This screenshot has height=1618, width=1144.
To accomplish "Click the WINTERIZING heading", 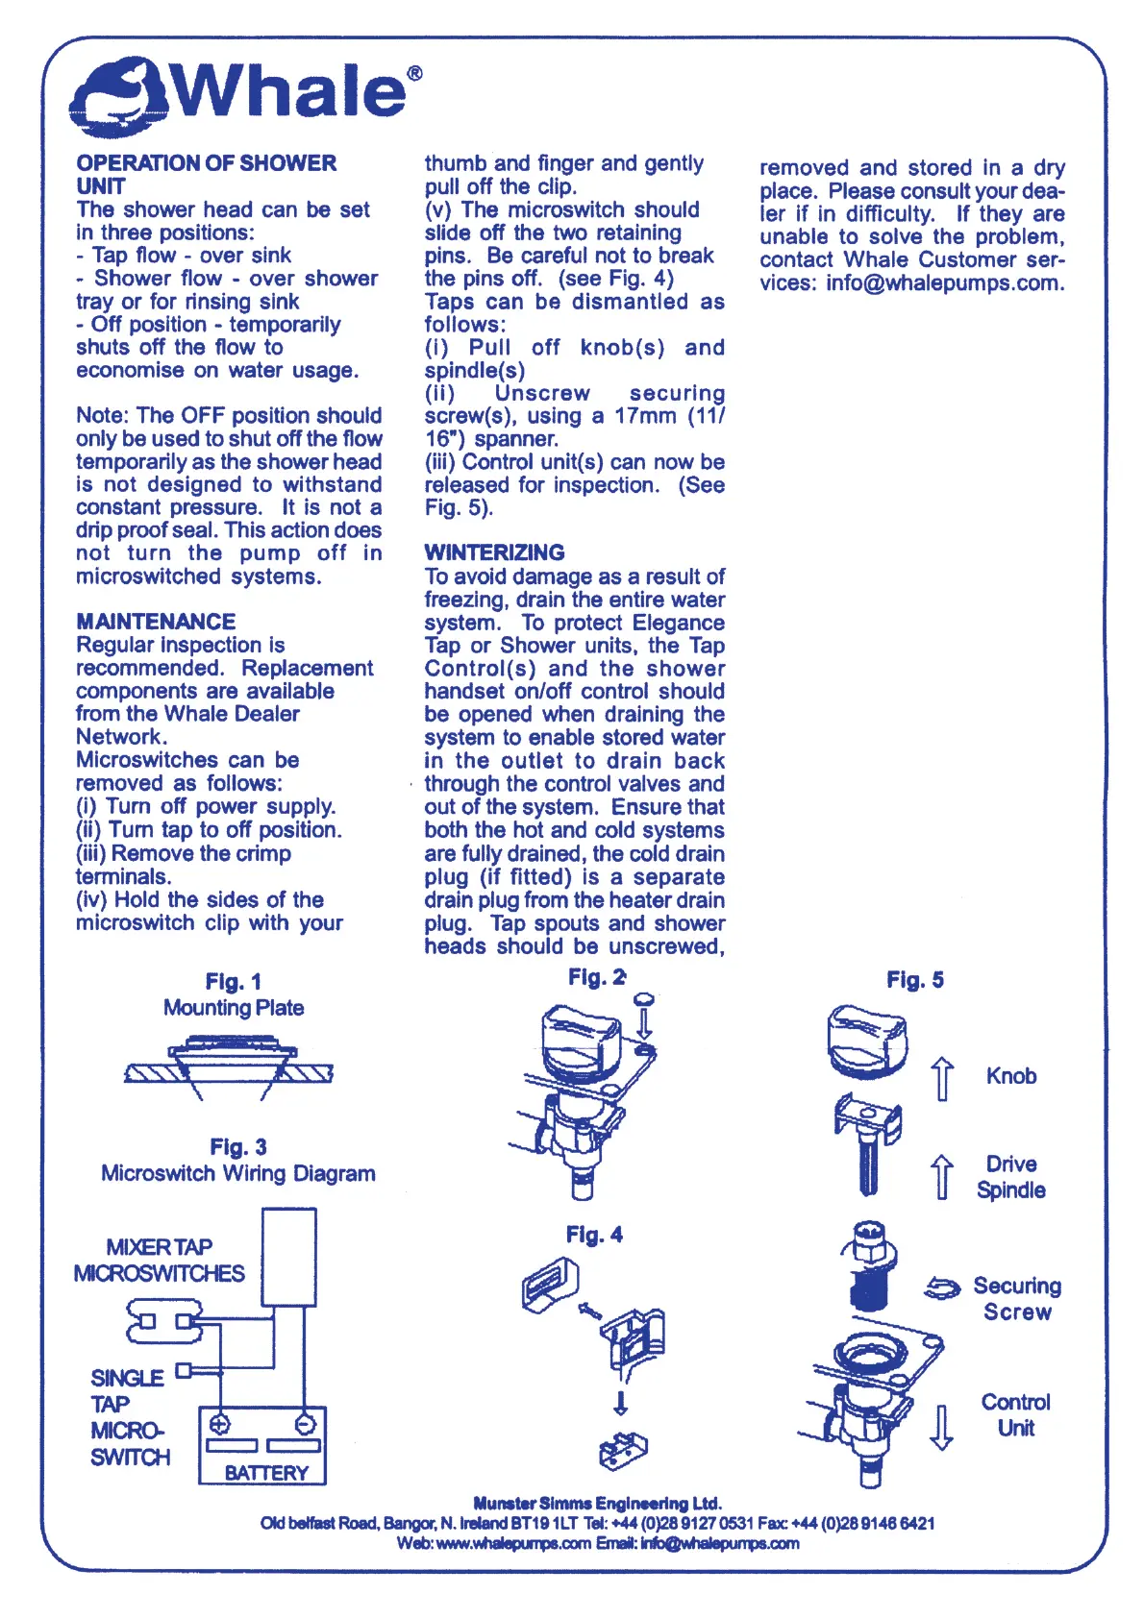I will click(x=494, y=552).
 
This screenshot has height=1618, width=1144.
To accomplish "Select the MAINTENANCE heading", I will click(x=156, y=622).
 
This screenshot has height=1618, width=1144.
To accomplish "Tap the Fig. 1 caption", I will click(x=234, y=981).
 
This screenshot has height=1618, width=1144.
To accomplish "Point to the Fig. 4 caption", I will click(x=594, y=1235).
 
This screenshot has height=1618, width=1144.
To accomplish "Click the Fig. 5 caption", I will click(x=914, y=980).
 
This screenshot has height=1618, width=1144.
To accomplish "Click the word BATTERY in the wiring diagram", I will click(x=266, y=1473).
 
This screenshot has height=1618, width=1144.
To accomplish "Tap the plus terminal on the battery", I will click(x=220, y=1424).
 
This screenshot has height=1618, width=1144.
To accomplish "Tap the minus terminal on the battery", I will click(x=305, y=1424).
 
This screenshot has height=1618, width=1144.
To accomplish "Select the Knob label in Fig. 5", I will click(x=1011, y=1076).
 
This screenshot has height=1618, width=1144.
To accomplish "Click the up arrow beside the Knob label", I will click(x=943, y=1078).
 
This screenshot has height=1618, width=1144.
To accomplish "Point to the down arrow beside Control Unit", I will click(x=942, y=1427).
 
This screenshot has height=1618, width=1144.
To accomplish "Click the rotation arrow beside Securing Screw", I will click(x=942, y=1288).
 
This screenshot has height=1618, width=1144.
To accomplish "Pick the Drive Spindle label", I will click(x=1011, y=1177).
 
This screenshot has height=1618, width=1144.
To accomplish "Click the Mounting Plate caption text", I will click(x=234, y=1008).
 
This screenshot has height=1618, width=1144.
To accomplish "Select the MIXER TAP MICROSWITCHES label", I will click(x=160, y=1260).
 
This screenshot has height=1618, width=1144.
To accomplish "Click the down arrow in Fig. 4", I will click(x=621, y=1404).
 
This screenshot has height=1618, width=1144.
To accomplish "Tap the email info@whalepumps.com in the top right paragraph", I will click(x=945, y=283).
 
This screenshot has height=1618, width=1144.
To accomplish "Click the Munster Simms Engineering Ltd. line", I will click(x=597, y=1503).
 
